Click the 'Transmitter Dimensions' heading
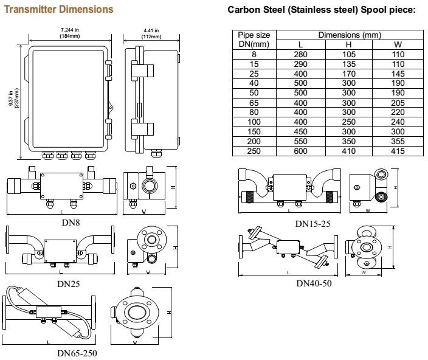pos(59,9)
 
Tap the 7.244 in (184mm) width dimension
pos(70,33)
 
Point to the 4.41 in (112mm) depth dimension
pos(151,33)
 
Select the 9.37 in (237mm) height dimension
pos(13,99)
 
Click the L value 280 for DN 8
pos(300,54)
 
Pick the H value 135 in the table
pos(349,64)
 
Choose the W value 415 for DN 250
pos(398,151)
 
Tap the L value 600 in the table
pos(300,151)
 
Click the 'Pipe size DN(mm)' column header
pos(254,40)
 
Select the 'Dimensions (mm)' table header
pos(350,35)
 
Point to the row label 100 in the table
pos(254,122)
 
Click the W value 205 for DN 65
pos(398,103)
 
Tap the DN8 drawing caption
pos(71,223)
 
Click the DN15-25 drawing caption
pos(313,224)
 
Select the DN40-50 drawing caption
pos(314,283)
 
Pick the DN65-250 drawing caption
pos(77,353)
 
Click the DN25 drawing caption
pos(68,284)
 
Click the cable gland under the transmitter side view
pos(156,152)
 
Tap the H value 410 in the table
pos(349,151)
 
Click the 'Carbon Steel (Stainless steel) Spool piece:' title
pos(322,10)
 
